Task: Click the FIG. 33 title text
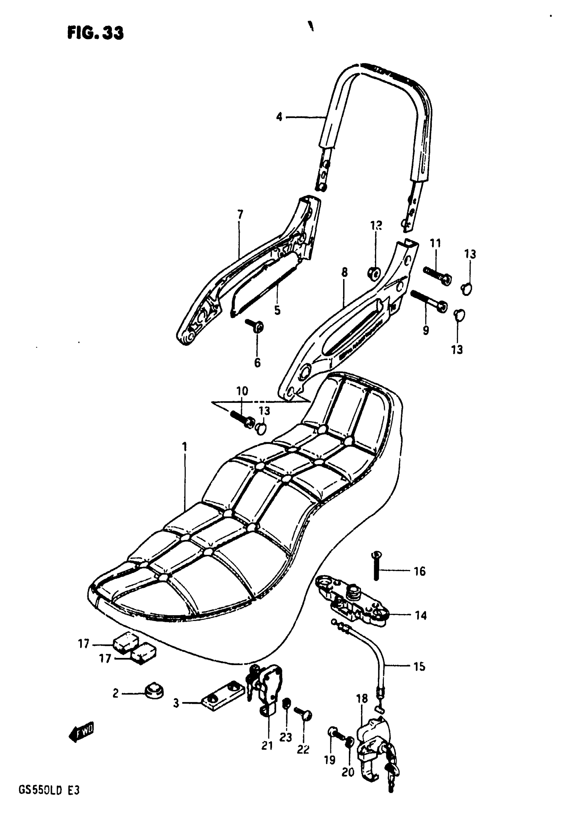click(x=95, y=33)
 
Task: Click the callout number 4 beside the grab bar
click(x=279, y=117)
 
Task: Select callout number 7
click(x=240, y=214)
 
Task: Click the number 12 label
click(x=376, y=225)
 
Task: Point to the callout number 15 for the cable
click(x=419, y=666)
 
